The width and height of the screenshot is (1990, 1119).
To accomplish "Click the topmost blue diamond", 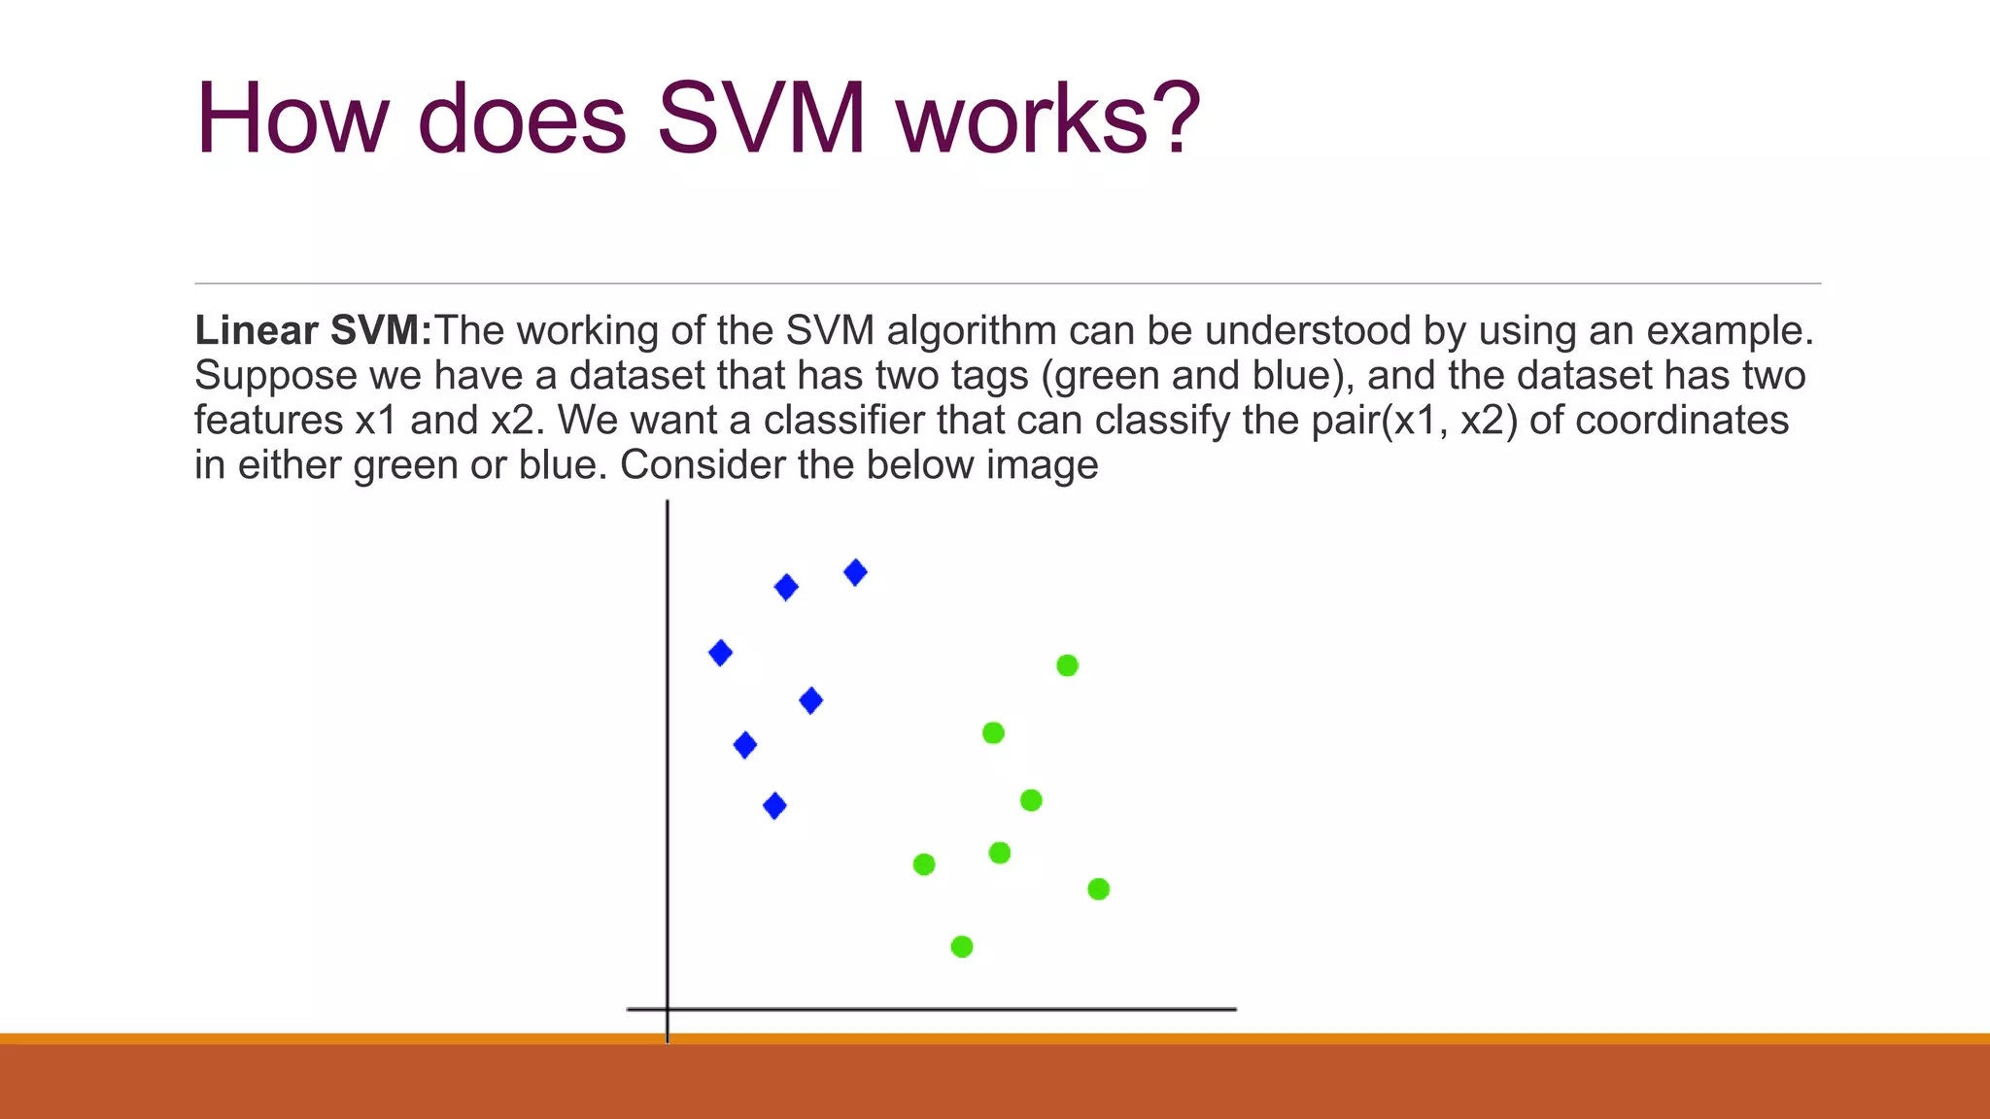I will click(855, 572).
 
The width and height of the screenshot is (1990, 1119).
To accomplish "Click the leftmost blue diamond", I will click(720, 653).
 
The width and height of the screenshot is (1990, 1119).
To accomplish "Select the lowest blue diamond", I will click(774, 805).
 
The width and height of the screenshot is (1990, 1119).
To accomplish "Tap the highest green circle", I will click(1067, 665).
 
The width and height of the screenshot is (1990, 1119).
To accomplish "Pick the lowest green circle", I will click(962, 946).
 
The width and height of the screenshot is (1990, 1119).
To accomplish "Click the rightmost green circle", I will click(1098, 889).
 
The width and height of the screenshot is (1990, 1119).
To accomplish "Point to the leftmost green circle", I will click(924, 864).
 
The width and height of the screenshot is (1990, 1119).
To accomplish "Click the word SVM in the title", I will click(760, 119).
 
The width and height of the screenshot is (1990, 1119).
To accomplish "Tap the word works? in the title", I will click(1048, 119).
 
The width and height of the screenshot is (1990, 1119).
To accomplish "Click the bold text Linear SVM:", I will click(313, 331).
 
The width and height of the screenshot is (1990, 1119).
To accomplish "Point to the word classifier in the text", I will click(843, 421).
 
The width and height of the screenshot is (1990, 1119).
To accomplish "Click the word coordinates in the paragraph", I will click(1681, 421).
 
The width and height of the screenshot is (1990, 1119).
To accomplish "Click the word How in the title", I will click(292, 119).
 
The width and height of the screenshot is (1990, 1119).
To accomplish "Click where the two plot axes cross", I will click(668, 1009).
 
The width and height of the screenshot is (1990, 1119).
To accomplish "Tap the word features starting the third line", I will click(268, 421).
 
